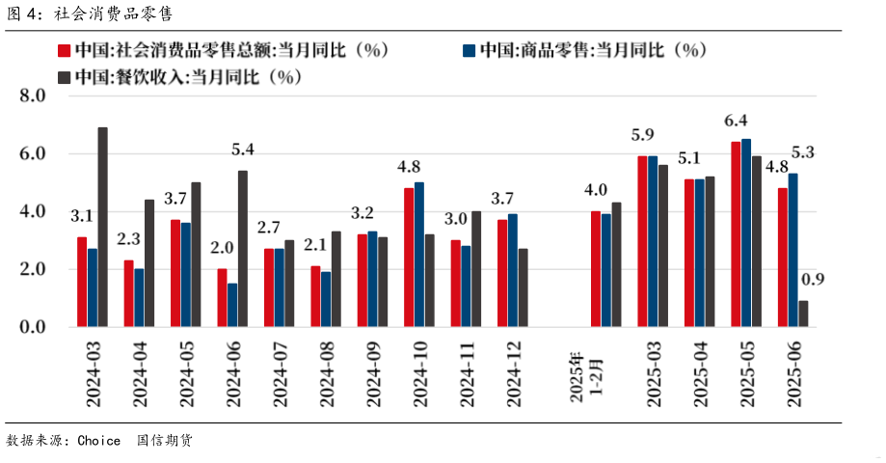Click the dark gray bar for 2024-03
102,228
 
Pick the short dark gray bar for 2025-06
803,314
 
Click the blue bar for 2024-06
232,306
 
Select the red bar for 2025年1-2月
595,269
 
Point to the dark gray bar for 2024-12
523,288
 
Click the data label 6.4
737,121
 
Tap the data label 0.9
814,280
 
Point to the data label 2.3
129,239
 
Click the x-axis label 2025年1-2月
583,375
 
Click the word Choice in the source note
98,441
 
